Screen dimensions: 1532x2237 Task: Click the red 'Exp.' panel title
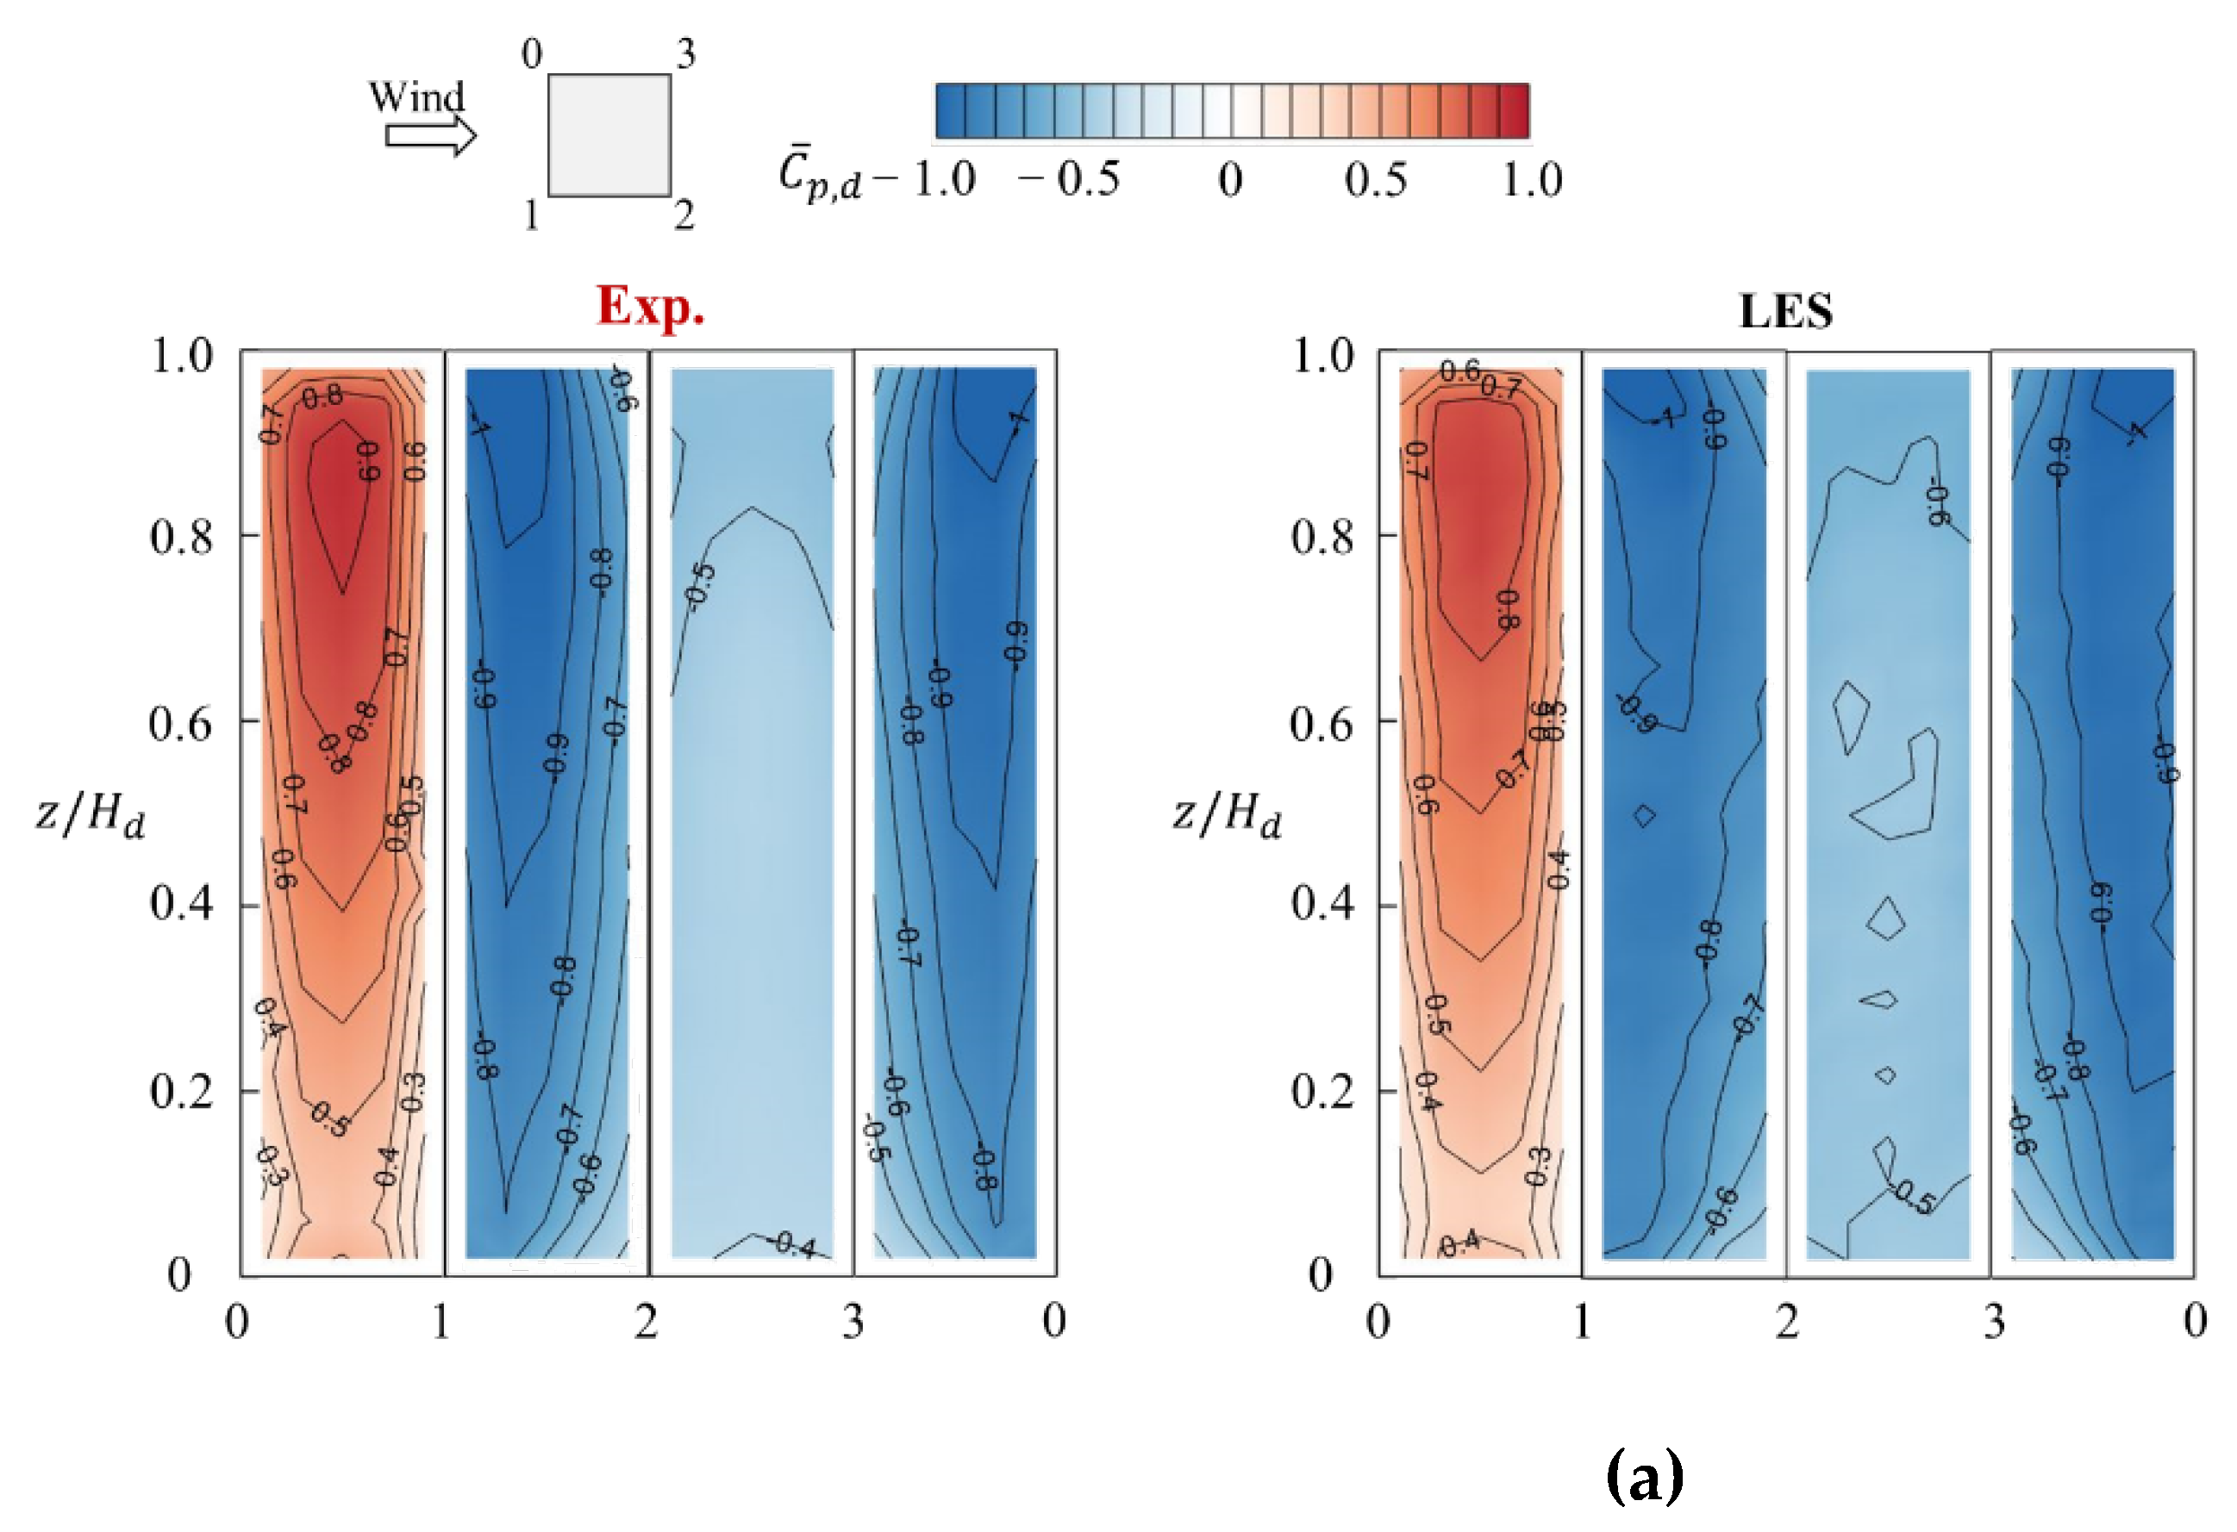tap(651, 308)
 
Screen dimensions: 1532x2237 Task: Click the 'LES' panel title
tap(1785, 312)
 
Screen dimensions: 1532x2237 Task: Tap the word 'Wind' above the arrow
tap(416, 97)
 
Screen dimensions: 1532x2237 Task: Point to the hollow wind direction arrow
tap(430, 135)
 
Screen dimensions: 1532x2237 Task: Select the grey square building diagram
tap(609, 135)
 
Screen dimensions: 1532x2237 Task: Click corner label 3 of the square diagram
tap(685, 54)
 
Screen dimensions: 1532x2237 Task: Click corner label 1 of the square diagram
tap(531, 215)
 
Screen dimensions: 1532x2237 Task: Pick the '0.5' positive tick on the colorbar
tap(1376, 180)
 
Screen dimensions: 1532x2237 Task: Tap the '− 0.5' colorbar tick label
tap(1070, 180)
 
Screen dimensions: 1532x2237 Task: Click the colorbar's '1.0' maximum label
tap(1533, 180)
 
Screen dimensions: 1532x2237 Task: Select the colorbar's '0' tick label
tap(1230, 180)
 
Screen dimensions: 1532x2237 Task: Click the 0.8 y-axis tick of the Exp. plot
tap(182, 537)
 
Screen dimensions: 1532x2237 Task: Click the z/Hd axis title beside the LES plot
tap(1228, 816)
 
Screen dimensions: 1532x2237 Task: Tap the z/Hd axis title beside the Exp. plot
tap(91, 816)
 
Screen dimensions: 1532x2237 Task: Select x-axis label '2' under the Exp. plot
tap(647, 1321)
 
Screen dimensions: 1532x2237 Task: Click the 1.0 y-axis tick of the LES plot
tap(1322, 356)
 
